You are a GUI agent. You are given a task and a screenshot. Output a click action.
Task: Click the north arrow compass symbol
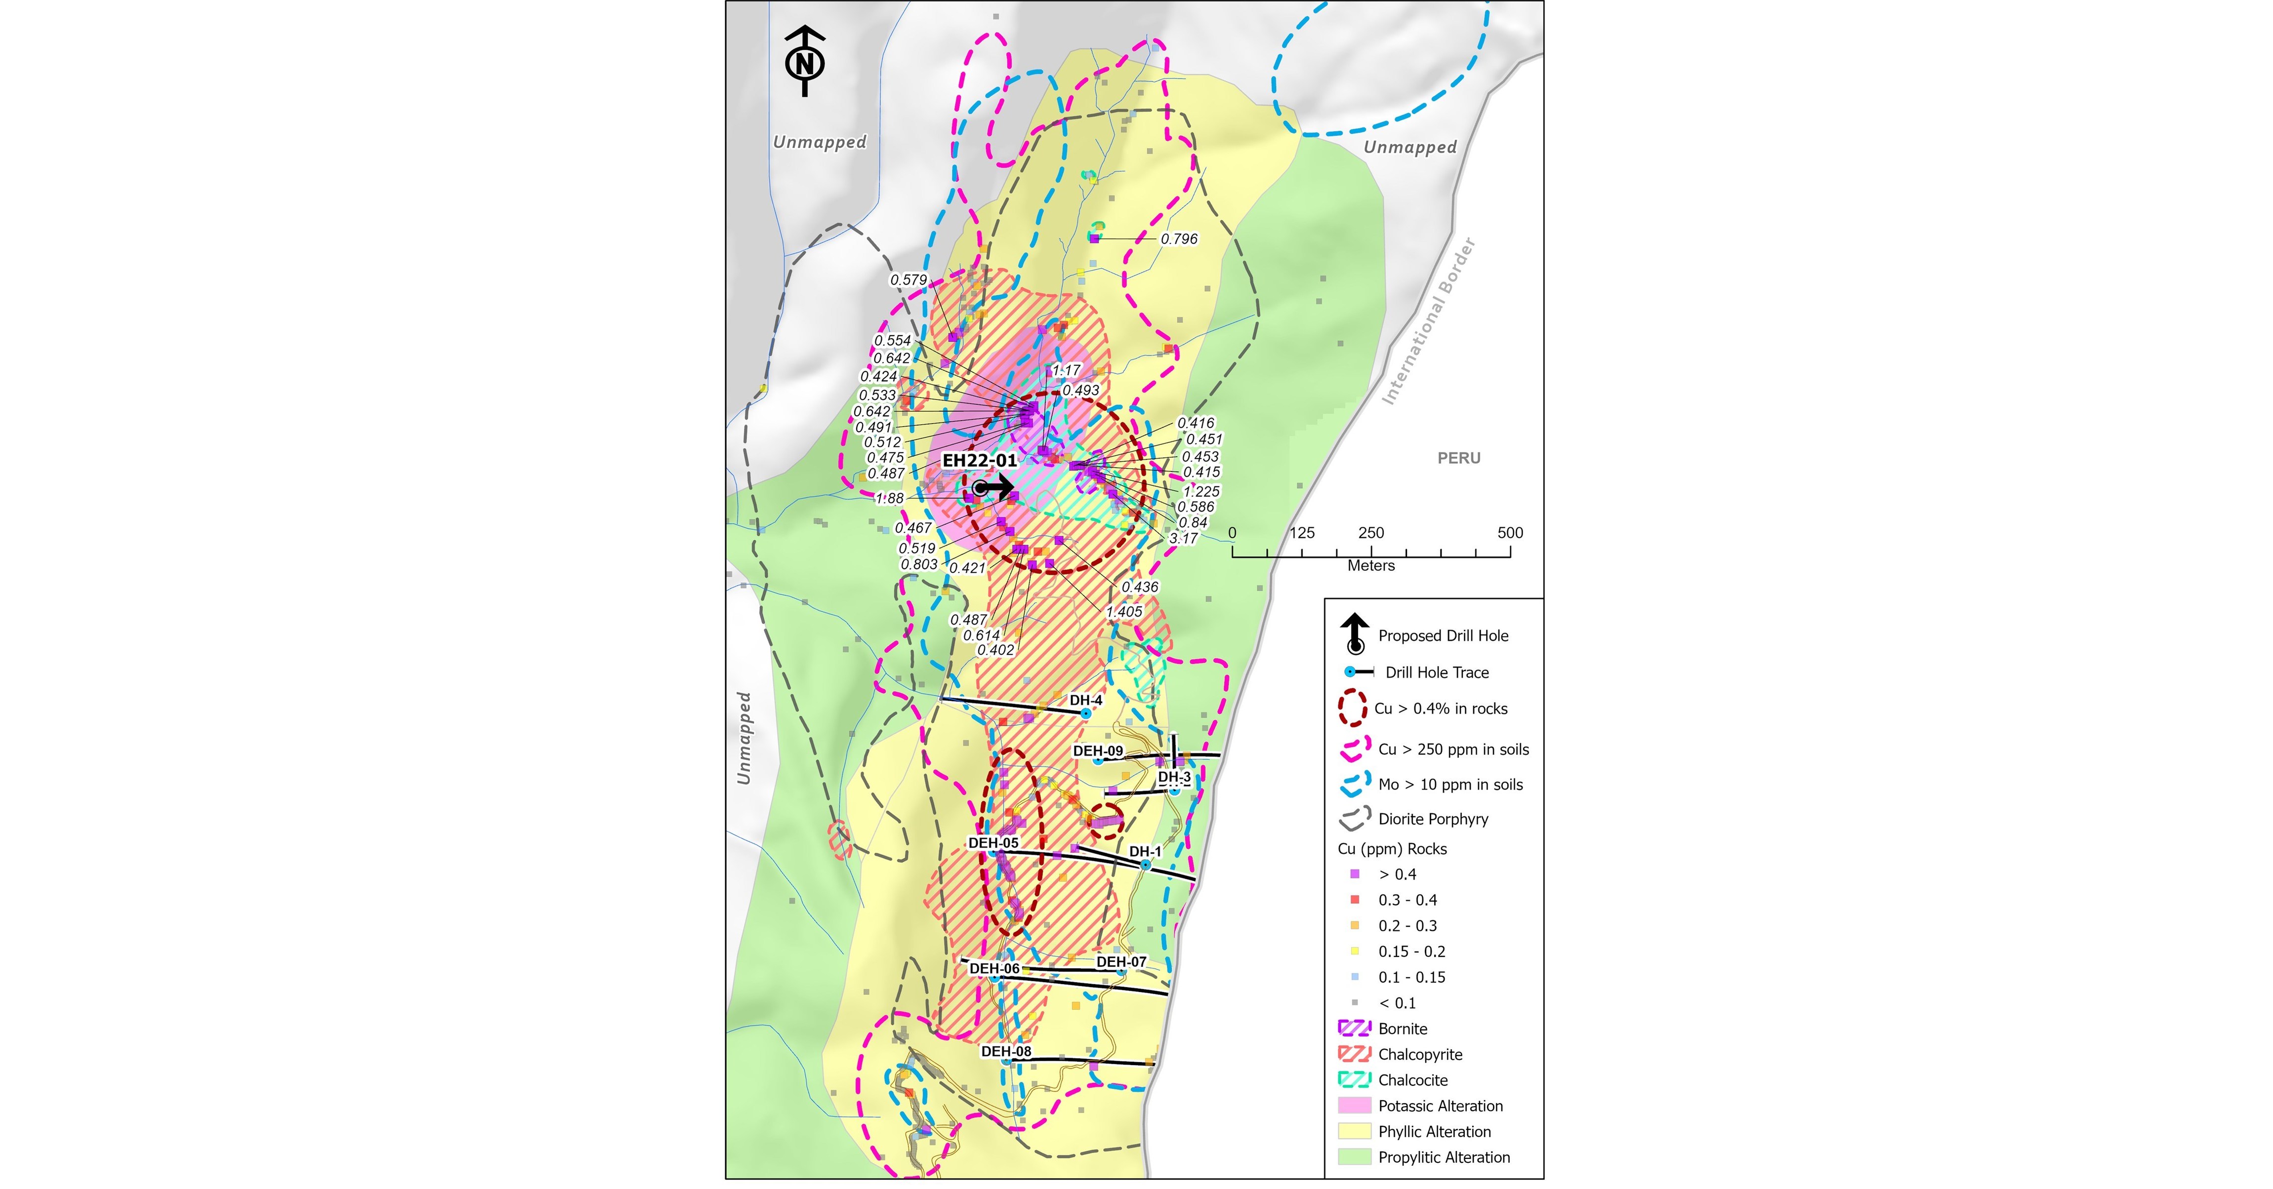tap(805, 62)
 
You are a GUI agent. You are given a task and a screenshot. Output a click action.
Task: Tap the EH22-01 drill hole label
tap(980, 460)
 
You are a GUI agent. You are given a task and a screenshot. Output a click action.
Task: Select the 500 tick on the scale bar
tap(1510, 533)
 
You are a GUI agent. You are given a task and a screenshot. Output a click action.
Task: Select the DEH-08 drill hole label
tap(1006, 1051)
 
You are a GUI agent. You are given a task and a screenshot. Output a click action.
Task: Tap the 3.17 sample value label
tap(1183, 538)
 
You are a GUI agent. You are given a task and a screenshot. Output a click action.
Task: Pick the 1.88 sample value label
tap(889, 498)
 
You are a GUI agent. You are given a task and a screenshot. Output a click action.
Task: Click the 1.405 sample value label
tap(1124, 611)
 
